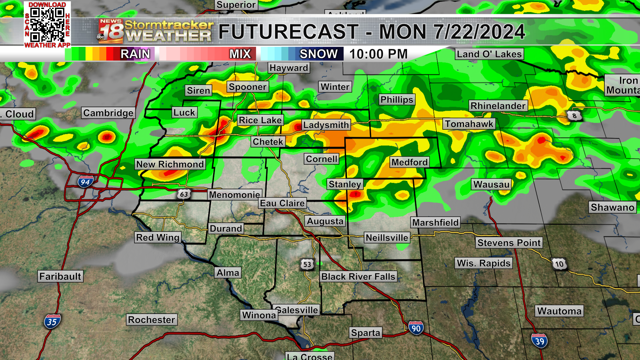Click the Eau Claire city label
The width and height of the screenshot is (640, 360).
coord(282,203)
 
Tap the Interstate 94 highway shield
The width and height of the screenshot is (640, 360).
coord(85,182)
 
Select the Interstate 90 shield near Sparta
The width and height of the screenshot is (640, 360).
coord(416,328)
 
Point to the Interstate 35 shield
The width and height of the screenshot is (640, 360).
coord(52,322)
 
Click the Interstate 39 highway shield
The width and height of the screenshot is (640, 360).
coord(539,341)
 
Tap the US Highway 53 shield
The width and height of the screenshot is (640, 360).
coord(307,265)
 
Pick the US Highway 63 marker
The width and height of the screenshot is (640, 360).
coord(184,194)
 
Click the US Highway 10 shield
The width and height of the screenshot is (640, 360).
coord(559,264)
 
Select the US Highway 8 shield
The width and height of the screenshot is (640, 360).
coord(574,116)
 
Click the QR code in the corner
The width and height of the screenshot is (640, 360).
coord(47,24)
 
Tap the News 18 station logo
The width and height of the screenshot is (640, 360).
coord(111,31)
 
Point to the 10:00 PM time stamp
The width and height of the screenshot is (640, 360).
coord(378,54)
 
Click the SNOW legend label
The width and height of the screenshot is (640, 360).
coord(318,54)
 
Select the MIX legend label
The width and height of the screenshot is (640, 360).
coord(240,54)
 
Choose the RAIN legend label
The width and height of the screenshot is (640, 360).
coord(135,54)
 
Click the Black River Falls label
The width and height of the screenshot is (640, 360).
coord(358,277)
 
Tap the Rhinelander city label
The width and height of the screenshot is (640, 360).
coord(498,106)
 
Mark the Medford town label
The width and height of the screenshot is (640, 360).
coord(409,162)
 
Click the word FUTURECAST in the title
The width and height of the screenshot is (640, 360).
coord(288,32)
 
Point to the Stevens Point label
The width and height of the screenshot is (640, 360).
coord(509,243)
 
